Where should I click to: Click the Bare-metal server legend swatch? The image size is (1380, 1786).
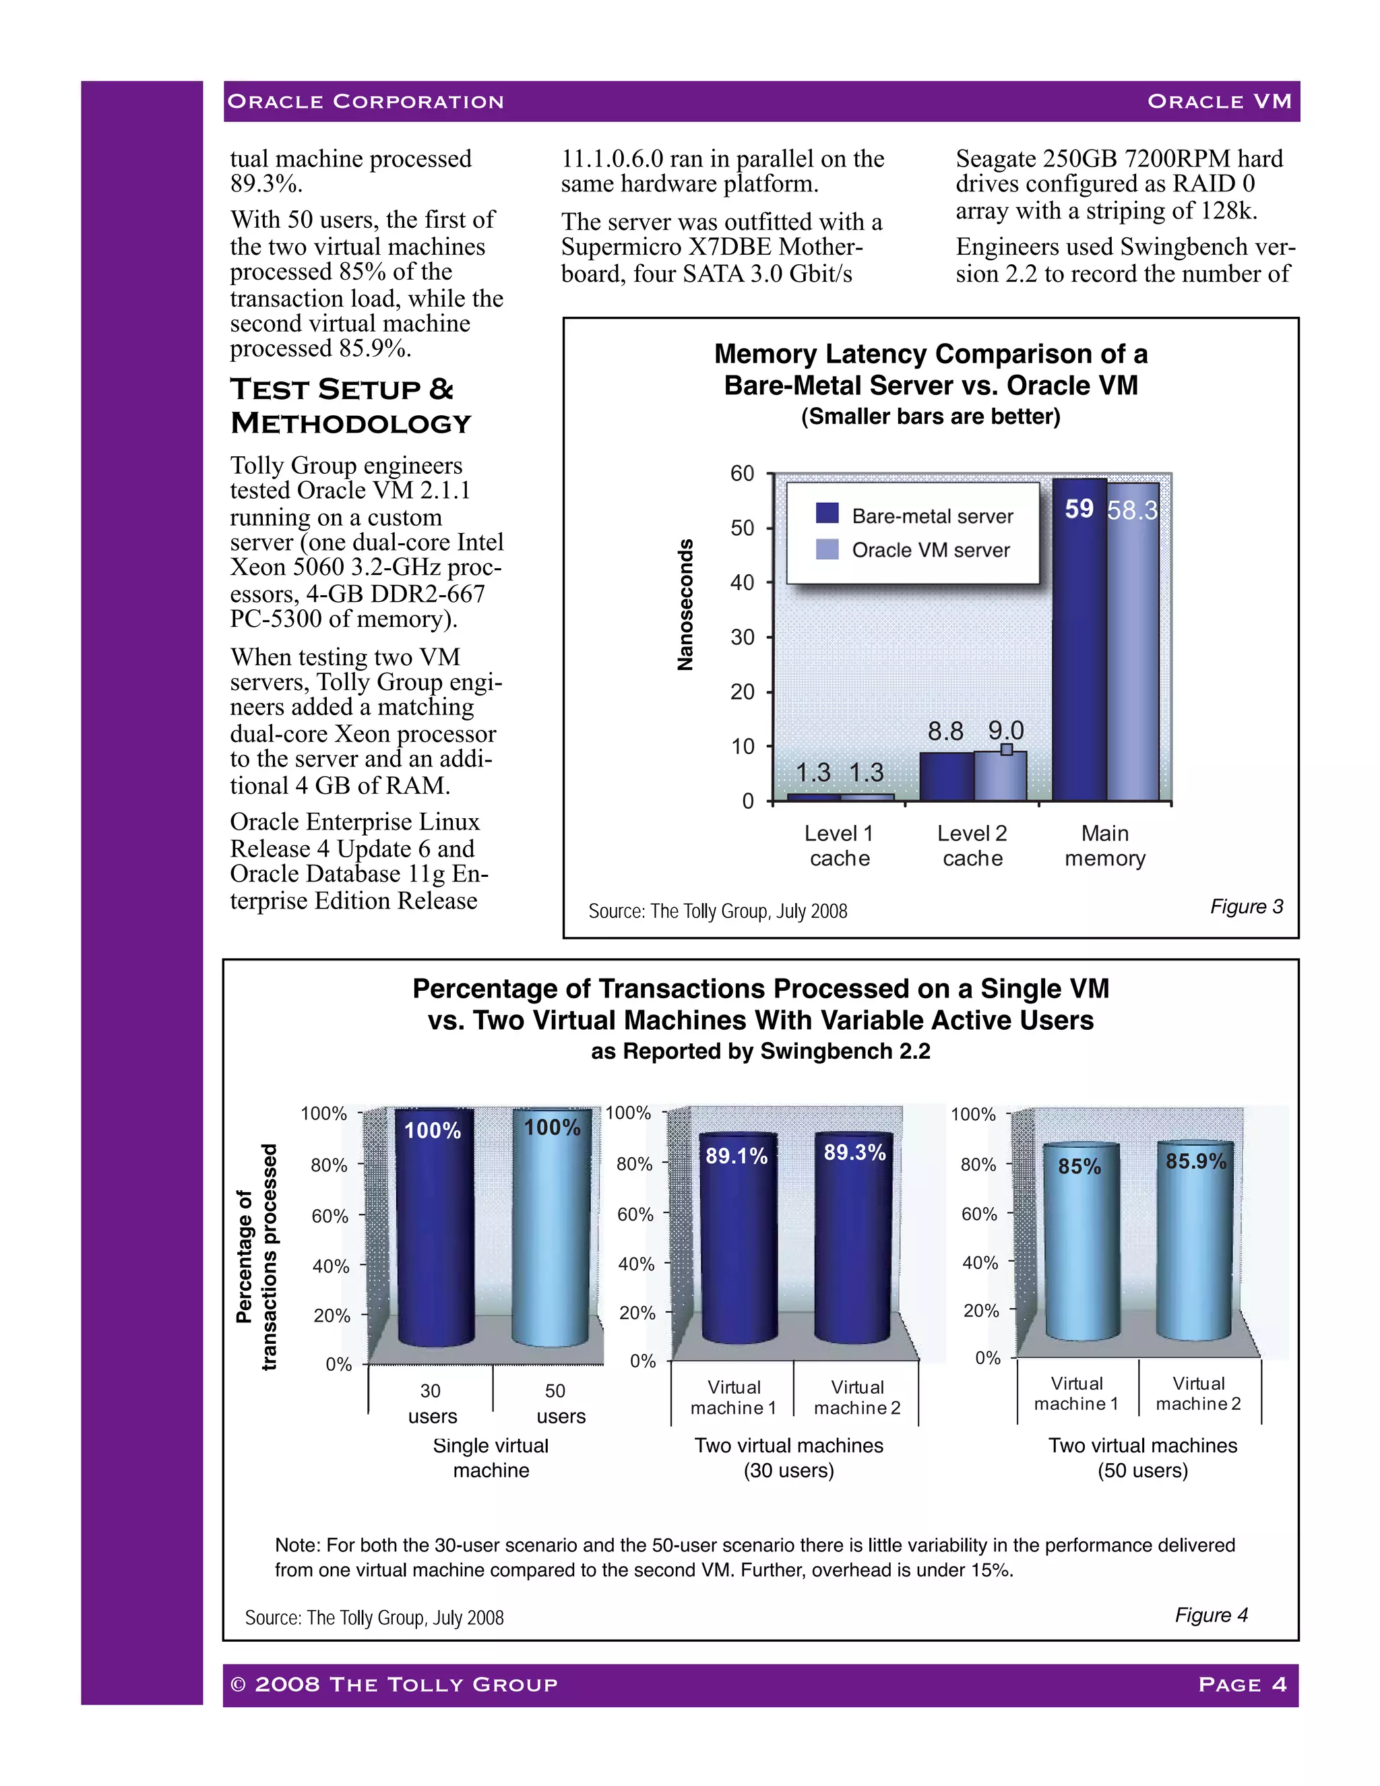(827, 514)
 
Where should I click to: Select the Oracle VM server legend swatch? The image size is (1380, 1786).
(827, 549)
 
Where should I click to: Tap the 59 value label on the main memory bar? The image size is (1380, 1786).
(1079, 509)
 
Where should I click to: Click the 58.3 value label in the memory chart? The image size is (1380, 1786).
(1132, 510)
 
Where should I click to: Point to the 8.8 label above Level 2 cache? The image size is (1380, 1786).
(945, 731)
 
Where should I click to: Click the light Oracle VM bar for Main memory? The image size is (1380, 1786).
(1133, 654)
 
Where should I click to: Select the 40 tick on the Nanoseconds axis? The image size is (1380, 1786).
(743, 582)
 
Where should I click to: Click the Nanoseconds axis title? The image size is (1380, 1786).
(685, 605)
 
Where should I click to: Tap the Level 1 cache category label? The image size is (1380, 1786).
(840, 846)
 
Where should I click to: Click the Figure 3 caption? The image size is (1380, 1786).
(1246, 906)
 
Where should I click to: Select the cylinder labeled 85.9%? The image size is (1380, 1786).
(1195, 1243)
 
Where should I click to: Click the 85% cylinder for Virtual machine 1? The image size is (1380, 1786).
(1080, 1243)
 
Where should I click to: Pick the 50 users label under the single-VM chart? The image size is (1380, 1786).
(559, 1403)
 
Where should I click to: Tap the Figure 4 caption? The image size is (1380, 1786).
(1211, 1614)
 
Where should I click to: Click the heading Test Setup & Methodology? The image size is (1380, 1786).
(352, 406)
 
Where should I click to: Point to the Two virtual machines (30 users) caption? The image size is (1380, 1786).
(789, 1457)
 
